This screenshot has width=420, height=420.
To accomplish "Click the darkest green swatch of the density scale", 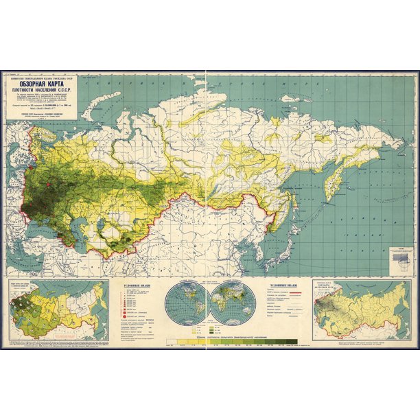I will tap(291, 341).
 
